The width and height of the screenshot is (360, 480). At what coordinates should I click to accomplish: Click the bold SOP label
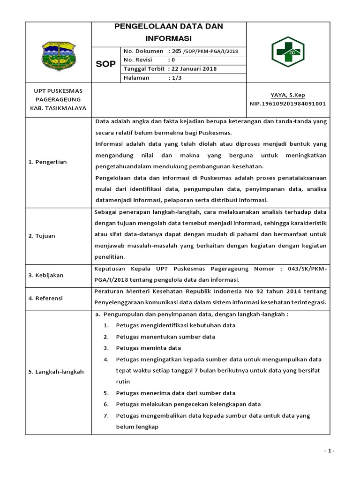(105, 64)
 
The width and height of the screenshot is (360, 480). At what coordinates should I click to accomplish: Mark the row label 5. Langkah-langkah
(56, 372)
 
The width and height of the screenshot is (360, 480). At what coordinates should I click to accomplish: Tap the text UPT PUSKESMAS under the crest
(58, 91)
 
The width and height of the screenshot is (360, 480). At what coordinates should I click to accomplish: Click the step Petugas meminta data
(149, 348)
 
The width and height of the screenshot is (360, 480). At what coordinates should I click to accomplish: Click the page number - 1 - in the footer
(329, 451)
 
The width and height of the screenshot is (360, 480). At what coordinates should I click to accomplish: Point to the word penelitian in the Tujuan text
(110, 256)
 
